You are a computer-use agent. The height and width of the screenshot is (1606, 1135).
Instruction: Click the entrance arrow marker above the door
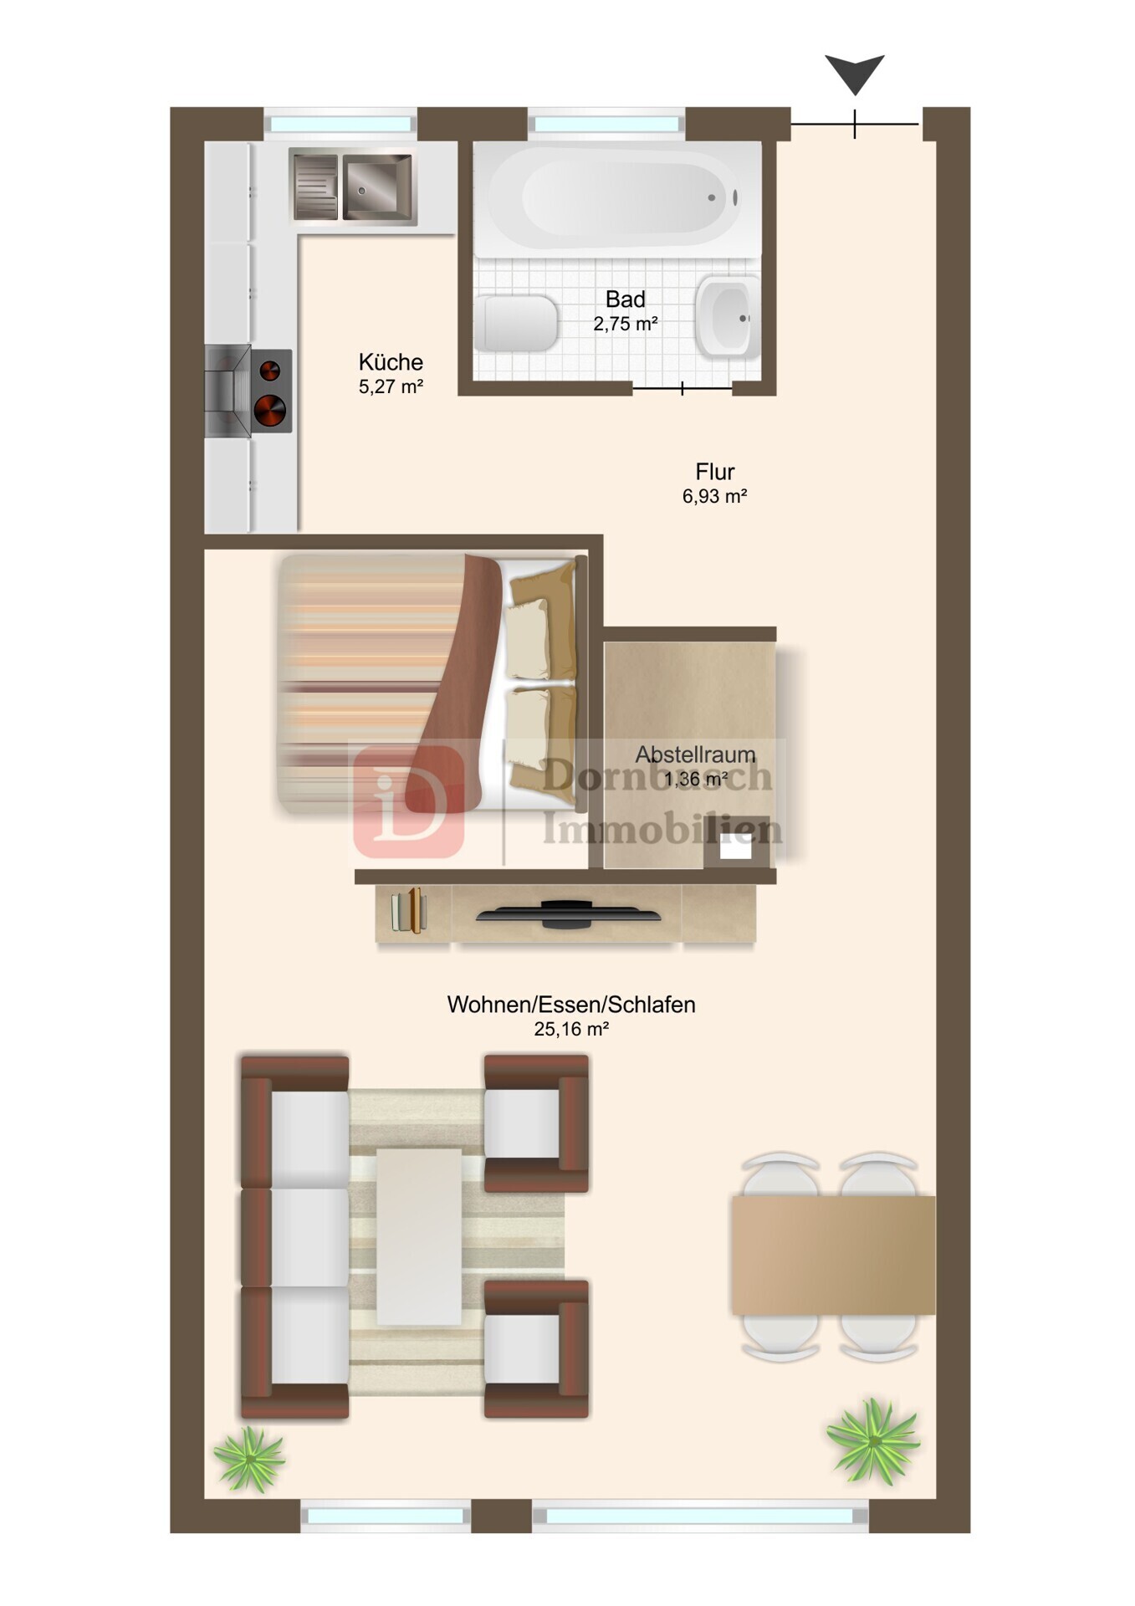coord(855,74)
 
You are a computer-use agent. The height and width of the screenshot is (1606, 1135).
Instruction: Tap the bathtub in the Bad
coord(617,199)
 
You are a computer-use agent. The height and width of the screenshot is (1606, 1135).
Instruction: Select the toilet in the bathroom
coord(516,323)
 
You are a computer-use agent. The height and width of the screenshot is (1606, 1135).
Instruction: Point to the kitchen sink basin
coord(377,187)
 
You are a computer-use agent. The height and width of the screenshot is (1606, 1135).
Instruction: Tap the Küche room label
coord(391,362)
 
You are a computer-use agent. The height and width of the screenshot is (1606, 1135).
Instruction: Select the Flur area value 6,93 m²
coord(714,496)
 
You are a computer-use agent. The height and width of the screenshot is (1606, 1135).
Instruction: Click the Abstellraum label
coord(695,754)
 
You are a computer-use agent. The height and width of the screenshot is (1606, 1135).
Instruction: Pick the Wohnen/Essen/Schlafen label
coord(571,1005)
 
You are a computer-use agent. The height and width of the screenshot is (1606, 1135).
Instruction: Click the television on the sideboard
coord(569,914)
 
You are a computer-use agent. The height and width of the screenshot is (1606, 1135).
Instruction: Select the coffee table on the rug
coord(419,1237)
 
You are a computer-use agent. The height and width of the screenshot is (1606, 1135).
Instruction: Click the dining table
coord(833,1255)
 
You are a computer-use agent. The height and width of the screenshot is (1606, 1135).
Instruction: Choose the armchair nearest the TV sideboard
coord(536,1123)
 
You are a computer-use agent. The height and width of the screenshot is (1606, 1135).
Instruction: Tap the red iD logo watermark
coord(409,800)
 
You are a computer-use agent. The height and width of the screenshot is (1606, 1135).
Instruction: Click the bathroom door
coord(683,388)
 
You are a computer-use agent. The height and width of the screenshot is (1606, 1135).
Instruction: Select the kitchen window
coord(340,124)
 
